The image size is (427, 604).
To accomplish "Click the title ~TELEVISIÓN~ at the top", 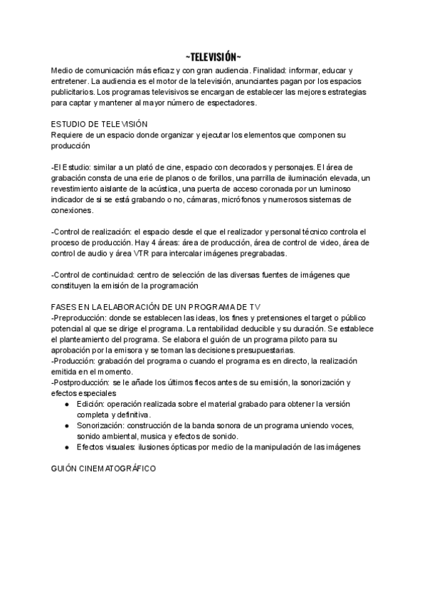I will click(213, 57).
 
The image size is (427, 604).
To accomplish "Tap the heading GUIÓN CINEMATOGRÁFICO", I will click(105, 471).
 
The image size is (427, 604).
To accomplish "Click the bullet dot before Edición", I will click(66, 404).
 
